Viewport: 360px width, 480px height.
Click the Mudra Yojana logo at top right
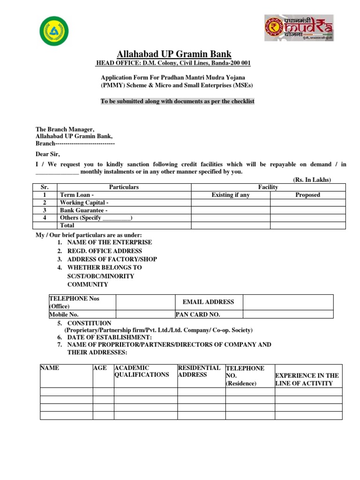point(299,28)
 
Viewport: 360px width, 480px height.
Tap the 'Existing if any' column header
point(231,195)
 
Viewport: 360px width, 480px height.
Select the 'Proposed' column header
point(307,195)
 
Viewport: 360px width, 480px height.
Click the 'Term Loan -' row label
point(77,195)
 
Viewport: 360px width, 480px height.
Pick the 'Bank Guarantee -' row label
point(84,210)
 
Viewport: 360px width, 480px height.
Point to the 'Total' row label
point(67,225)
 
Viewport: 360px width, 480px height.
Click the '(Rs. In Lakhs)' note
point(312,180)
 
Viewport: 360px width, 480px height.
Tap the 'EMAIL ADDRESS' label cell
point(208,302)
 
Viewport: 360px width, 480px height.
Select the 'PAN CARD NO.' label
point(198,315)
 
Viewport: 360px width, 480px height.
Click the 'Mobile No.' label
point(64,315)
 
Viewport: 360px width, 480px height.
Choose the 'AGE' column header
point(100,368)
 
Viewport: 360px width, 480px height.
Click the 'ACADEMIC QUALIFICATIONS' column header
point(142,372)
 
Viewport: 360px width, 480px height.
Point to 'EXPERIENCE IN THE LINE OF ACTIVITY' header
point(307,380)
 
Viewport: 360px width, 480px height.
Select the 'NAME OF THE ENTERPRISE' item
point(110,242)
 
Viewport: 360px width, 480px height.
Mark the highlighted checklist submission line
point(178,101)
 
